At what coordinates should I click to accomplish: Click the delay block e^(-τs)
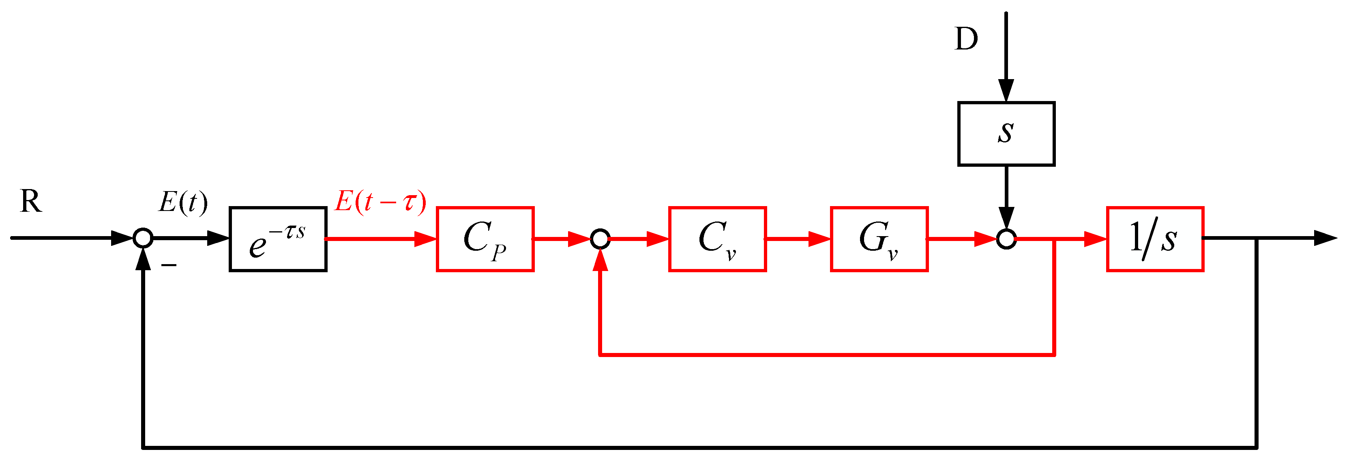[278, 239]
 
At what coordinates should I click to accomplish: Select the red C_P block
[485, 239]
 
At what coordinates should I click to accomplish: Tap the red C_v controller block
[717, 239]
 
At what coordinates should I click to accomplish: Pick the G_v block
[879, 239]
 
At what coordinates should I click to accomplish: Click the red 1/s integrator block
[1155, 239]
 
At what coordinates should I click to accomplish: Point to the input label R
[30, 201]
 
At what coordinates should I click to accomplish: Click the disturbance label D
[966, 39]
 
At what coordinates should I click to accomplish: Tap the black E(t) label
[183, 202]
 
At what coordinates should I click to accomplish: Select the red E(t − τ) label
[380, 201]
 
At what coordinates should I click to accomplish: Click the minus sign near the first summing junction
[169, 266]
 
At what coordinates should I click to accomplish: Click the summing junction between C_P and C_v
[600, 239]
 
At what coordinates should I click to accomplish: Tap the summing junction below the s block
[1006, 239]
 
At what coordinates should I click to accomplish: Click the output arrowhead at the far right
[1325, 239]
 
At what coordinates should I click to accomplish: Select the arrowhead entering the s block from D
[1006, 90]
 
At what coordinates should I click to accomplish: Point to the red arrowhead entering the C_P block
[425, 239]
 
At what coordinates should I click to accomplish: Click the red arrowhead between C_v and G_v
[819, 239]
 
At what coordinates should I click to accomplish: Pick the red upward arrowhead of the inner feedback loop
[600, 260]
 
